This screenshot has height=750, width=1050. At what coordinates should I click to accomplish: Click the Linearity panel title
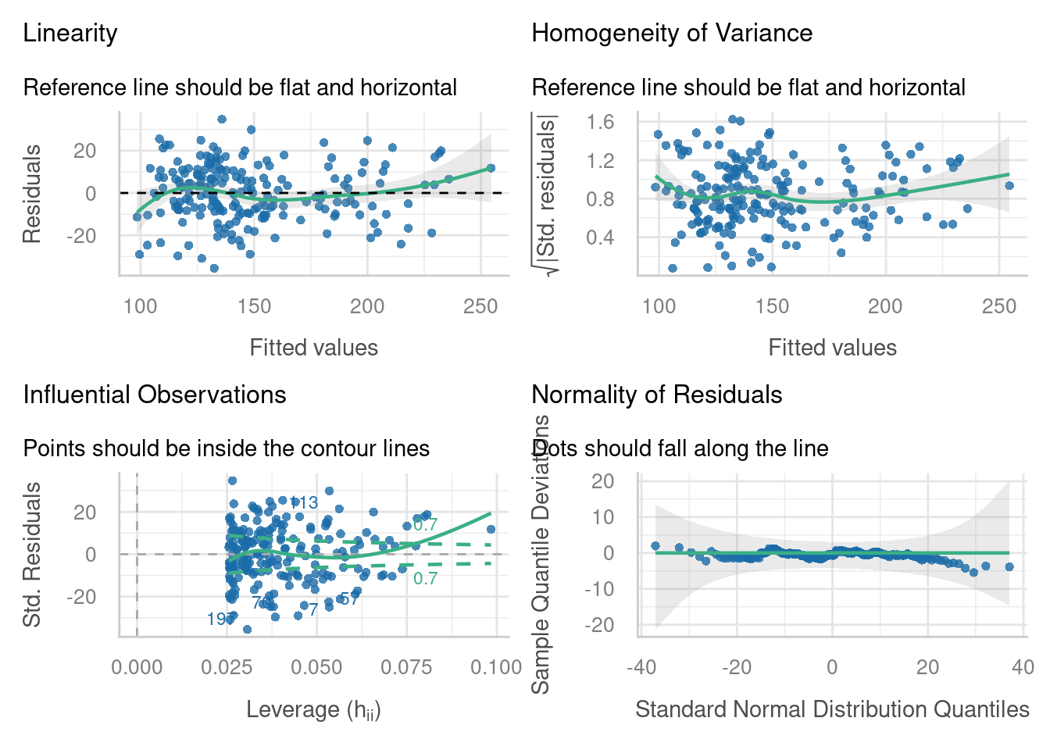(x=70, y=34)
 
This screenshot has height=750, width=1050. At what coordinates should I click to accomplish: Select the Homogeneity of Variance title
(x=672, y=34)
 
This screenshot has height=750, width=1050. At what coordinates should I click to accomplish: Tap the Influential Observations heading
(x=155, y=395)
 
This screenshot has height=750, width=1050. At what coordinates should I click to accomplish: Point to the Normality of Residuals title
(x=657, y=395)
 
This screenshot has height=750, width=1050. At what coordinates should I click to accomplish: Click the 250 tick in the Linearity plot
(x=480, y=306)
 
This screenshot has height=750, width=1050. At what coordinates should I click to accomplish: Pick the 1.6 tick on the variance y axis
(x=601, y=122)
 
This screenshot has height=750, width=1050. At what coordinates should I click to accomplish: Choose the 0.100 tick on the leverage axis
(x=496, y=667)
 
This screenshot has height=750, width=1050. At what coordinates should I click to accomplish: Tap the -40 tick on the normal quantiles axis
(x=641, y=667)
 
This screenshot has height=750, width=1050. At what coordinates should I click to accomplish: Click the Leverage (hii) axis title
(x=313, y=709)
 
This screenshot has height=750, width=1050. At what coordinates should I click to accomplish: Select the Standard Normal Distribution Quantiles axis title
(x=832, y=709)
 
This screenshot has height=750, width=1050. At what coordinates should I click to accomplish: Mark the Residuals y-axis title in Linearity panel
(x=31, y=194)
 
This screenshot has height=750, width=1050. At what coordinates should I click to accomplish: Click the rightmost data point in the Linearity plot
(x=491, y=168)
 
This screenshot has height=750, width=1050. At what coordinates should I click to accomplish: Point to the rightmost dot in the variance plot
(x=1009, y=186)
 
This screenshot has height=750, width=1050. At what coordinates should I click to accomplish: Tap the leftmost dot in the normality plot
(x=655, y=546)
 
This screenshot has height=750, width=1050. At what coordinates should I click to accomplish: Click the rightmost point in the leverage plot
(x=491, y=529)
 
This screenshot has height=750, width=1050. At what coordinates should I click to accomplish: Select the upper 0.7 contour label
(x=426, y=525)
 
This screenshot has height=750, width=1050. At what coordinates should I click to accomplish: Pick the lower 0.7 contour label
(x=426, y=579)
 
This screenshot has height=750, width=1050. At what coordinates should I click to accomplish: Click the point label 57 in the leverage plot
(x=349, y=599)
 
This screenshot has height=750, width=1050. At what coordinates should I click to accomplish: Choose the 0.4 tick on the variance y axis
(x=601, y=237)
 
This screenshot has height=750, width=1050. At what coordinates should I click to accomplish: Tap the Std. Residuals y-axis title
(x=31, y=555)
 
